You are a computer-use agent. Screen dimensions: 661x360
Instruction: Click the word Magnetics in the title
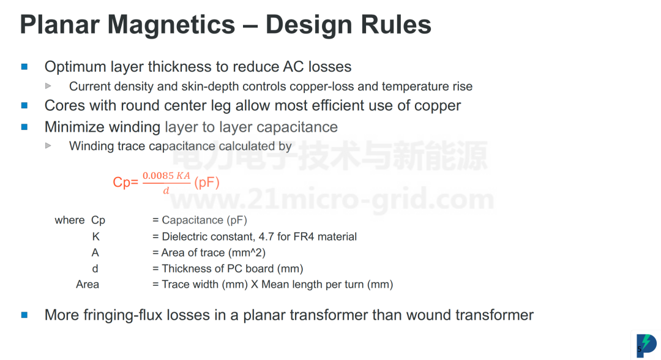click(171, 24)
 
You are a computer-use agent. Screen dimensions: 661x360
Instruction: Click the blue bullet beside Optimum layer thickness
click(24, 67)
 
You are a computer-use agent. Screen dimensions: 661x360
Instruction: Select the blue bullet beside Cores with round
click(24, 105)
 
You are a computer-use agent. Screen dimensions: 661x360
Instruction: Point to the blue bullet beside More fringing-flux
click(24, 315)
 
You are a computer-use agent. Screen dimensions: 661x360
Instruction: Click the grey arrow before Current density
click(48, 86)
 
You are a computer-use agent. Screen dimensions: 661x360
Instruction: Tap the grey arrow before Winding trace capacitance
click(48, 146)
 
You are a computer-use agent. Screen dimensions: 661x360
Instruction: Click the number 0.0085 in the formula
click(158, 175)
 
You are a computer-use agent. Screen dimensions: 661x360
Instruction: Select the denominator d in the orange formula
click(166, 191)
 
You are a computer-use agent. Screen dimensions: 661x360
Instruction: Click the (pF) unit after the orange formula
click(207, 182)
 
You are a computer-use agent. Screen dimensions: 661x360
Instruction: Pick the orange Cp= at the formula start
click(125, 182)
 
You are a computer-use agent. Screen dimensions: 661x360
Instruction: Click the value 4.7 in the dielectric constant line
click(267, 236)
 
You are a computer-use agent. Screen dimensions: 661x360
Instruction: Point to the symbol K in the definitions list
click(95, 236)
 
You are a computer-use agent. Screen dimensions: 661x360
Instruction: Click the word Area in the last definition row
click(88, 285)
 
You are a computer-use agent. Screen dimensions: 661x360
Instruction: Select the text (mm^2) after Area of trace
click(247, 252)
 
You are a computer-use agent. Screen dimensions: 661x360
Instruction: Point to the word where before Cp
click(70, 220)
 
